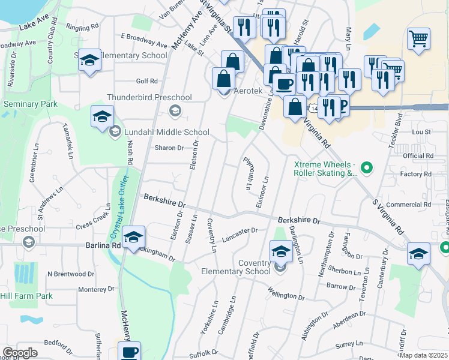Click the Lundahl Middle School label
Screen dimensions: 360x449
coord(167,132)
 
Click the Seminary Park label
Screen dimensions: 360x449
coord(30,104)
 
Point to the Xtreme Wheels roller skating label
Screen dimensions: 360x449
coord(325,169)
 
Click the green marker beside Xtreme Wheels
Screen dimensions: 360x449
coord(369,167)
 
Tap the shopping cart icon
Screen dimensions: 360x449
coord(418,38)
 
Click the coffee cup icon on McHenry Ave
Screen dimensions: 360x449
coord(129,352)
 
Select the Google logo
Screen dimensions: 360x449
coord(20,353)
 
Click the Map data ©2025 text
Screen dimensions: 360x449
coord(423,355)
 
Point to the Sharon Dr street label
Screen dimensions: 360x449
coord(169,148)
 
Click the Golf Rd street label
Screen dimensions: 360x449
coord(146,81)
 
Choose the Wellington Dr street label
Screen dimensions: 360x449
coord(287,295)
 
